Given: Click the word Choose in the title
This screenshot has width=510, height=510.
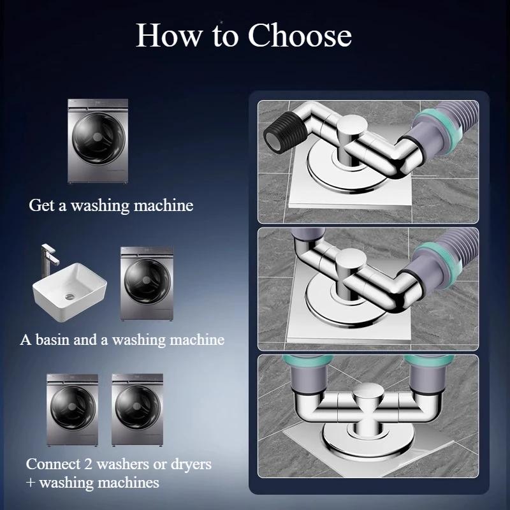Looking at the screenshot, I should click(x=300, y=36).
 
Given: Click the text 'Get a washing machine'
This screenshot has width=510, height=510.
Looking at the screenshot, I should click(x=111, y=206).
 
